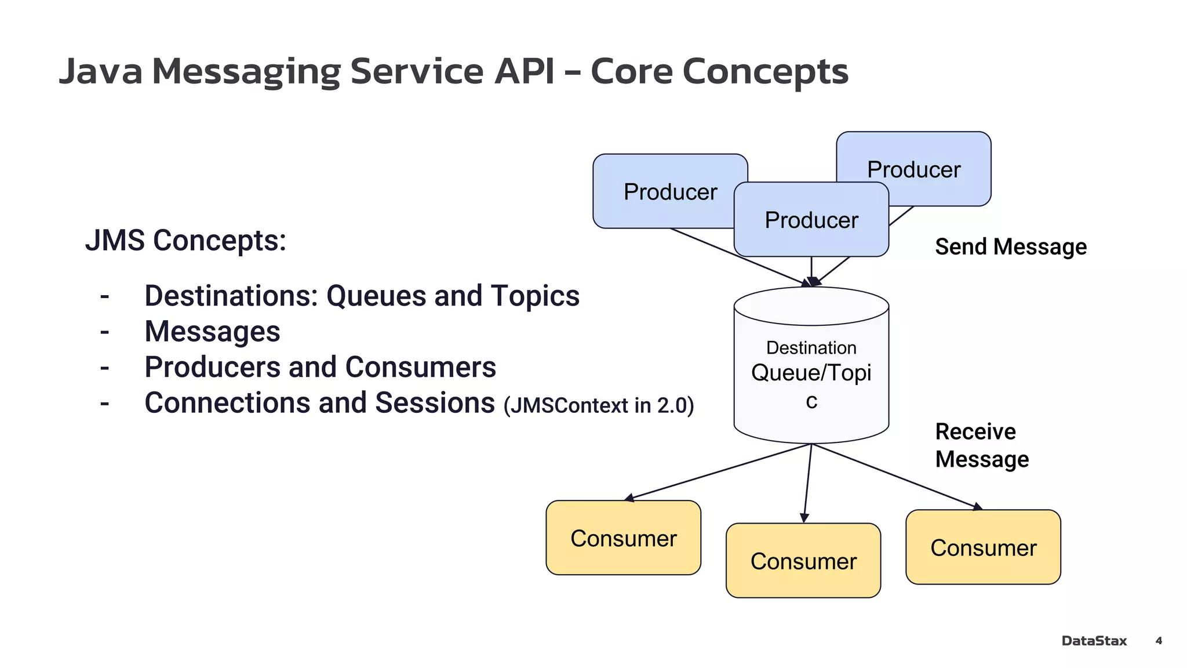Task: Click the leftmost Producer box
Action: (x=661, y=192)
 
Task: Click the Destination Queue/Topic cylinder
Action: (x=811, y=371)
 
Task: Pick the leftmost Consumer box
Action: (x=623, y=538)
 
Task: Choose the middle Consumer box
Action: (x=803, y=561)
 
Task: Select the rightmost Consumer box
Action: (x=983, y=547)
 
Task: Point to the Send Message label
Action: (x=1010, y=246)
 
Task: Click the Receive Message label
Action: (x=981, y=445)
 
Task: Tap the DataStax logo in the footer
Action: (x=1094, y=641)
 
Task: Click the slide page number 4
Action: (x=1159, y=641)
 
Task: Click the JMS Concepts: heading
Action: (x=185, y=240)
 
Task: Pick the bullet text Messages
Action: (x=212, y=332)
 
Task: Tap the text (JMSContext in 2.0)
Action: (x=598, y=405)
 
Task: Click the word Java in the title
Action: (x=101, y=71)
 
